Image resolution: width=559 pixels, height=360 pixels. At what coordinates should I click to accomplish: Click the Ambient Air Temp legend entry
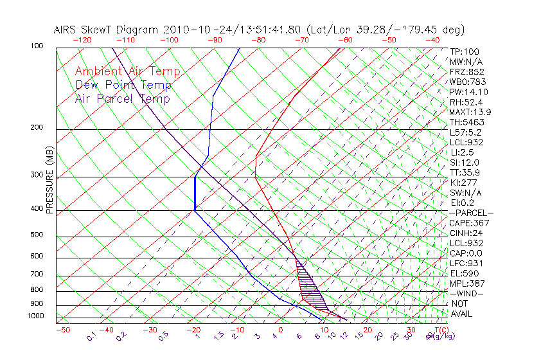pyautogui.click(x=127, y=72)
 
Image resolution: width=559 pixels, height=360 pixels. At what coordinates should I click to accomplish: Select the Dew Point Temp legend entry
pyautogui.click(x=123, y=85)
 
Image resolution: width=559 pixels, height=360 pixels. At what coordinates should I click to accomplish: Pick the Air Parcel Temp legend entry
pyautogui.click(x=123, y=99)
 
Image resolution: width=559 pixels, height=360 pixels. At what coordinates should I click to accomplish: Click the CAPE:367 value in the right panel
pyautogui.click(x=466, y=223)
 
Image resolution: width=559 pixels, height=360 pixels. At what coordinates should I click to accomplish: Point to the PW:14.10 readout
pyautogui.click(x=469, y=92)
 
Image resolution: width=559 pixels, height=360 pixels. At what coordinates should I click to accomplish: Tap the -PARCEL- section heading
pyautogui.click(x=471, y=213)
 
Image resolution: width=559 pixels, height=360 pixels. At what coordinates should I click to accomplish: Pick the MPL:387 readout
pyautogui.click(x=467, y=283)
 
